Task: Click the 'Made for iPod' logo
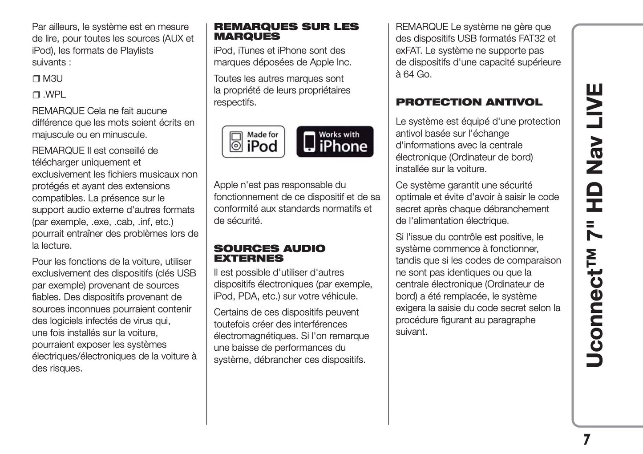(x=253, y=142)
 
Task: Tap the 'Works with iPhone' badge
(x=335, y=142)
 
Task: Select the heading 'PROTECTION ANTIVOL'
(x=469, y=102)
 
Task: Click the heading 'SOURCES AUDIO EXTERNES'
(x=269, y=253)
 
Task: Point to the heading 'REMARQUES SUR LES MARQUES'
(x=286, y=32)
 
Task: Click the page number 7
(x=586, y=439)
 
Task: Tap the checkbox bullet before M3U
(x=36, y=79)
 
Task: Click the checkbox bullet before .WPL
(x=36, y=95)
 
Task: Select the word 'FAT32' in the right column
(x=532, y=39)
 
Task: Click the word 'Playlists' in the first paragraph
(x=133, y=51)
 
